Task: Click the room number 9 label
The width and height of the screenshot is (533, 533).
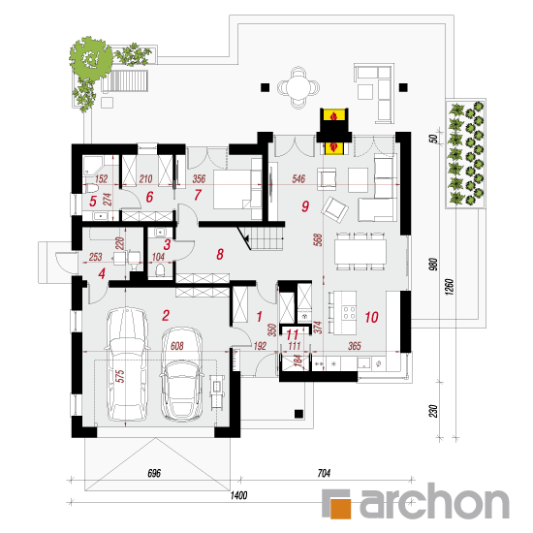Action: (305, 206)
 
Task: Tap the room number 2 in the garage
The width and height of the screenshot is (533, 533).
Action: (166, 316)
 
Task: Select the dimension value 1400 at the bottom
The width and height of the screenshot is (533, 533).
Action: (238, 495)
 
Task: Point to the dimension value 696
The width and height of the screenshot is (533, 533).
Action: (154, 473)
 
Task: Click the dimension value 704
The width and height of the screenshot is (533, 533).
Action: (324, 473)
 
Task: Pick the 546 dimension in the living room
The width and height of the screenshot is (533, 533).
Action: (298, 179)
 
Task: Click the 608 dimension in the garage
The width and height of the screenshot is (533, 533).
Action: (176, 346)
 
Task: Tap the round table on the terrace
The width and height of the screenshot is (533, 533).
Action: (298, 87)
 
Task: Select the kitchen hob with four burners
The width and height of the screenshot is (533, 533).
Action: (349, 313)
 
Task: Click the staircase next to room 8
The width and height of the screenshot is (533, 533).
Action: (266, 238)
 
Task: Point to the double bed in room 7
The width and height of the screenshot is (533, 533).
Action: (237, 189)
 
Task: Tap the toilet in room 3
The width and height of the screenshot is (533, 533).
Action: (160, 270)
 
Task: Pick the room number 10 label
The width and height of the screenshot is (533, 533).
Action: (371, 317)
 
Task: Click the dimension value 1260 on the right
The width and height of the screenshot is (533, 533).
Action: (449, 287)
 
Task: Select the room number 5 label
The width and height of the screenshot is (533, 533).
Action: (93, 202)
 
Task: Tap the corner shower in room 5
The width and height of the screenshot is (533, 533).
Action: (92, 166)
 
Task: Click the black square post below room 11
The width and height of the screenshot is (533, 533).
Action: (298, 414)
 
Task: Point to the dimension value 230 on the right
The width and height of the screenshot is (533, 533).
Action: (433, 411)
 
